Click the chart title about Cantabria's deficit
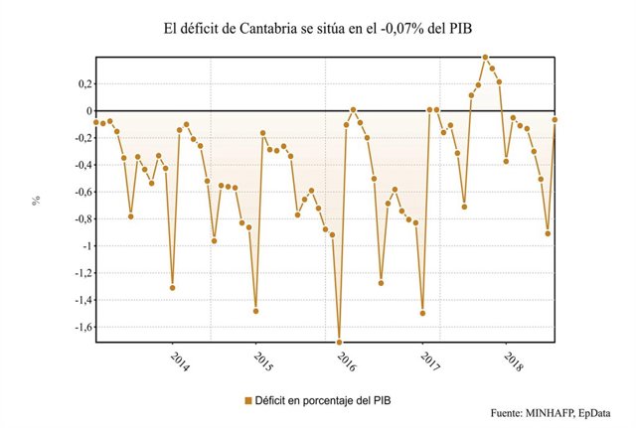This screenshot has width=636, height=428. click(318, 29)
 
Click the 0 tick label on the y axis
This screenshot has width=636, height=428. click(85, 111)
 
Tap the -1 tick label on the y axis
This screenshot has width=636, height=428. click(82, 245)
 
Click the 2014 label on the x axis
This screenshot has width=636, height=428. click(180, 359)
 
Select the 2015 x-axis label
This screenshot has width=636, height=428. click(263, 359)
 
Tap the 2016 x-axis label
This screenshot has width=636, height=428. click(347, 359)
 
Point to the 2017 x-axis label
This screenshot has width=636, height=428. click(430, 359)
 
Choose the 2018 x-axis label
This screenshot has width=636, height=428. click(514, 359)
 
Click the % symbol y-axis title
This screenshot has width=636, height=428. click(36, 200)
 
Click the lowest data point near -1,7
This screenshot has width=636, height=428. click(339, 342)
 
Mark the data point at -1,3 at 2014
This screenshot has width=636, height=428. click(172, 288)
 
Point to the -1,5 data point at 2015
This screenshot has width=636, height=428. click(255, 311)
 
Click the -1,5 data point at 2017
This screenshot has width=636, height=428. click(422, 313)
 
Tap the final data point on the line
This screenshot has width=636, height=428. click(555, 119)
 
